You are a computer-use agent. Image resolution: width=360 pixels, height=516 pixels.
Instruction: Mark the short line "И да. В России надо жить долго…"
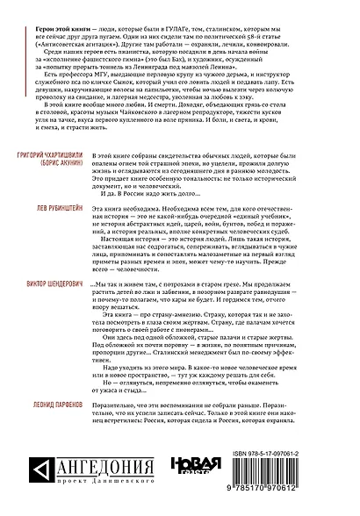[x=163, y=198]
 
